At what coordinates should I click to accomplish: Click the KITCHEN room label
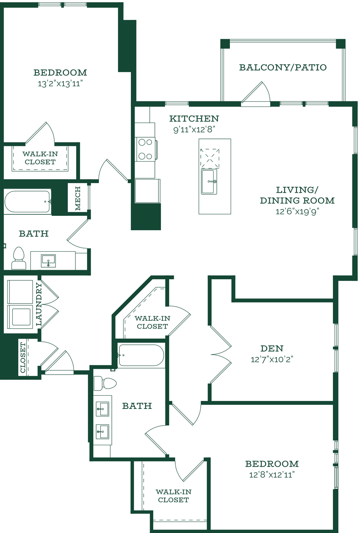coord(194,118)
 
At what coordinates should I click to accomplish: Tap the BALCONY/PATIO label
coord(283,67)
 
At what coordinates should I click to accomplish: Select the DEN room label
coord(272,349)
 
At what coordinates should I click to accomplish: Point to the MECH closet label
coord(78,198)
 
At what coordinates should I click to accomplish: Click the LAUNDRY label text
coord(39,304)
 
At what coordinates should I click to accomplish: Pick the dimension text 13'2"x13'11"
coord(60,84)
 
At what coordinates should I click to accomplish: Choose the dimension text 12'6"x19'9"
coord(297,211)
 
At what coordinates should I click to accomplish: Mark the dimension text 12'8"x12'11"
coord(272,475)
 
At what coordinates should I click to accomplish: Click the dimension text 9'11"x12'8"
coord(194,130)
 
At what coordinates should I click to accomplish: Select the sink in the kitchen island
coord(209,181)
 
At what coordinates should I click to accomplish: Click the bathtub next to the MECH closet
coord(28,201)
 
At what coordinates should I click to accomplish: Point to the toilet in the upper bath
coord(19,258)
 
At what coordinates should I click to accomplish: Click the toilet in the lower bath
coord(105,383)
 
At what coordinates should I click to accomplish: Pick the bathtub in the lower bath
coord(141,355)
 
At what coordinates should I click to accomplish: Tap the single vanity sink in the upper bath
coord(48,261)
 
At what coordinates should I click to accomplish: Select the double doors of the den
coord(220,354)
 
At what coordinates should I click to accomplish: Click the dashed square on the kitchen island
coord(210,158)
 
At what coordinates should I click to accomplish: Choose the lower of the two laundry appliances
coord(20,317)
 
